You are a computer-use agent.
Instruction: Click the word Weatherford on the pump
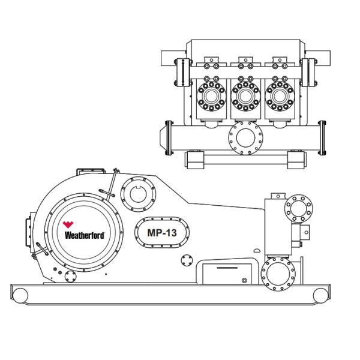pos(84,236)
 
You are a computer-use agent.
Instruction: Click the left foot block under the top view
pos(194,158)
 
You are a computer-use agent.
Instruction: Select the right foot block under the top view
pos(296,158)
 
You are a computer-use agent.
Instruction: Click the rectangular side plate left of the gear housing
pos(28,234)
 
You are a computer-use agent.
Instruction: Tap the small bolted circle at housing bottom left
pos(70,277)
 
